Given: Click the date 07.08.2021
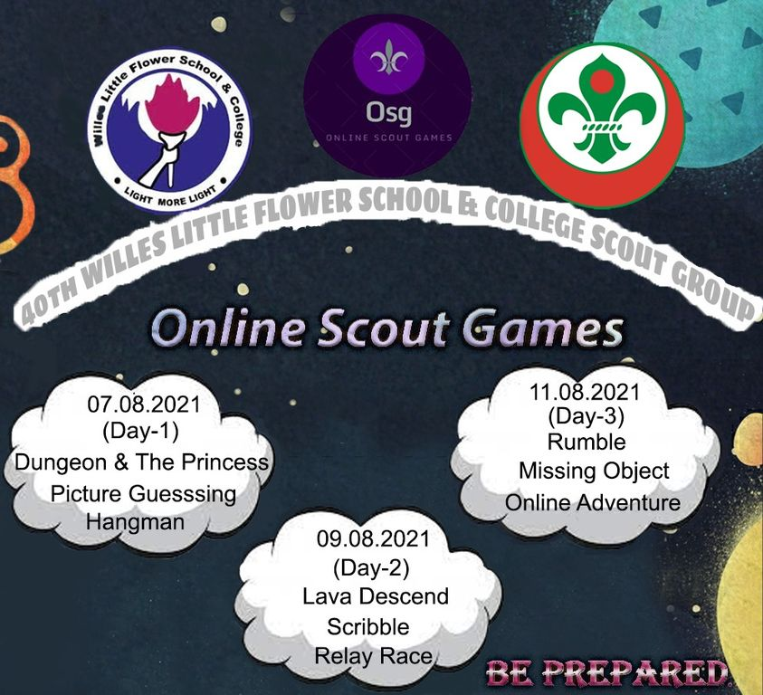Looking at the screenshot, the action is [x=144, y=405].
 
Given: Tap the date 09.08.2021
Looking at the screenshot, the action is [x=373, y=539].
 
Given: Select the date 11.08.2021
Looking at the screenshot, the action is [x=585, y=392].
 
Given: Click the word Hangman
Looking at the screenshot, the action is [x=135, y=522].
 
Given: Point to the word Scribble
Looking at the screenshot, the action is [x=367, y=626].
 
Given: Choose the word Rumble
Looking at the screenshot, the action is [x=587, y=442].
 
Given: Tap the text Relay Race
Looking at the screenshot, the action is [x=373, y=656].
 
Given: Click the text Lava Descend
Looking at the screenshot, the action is [x=376, y=596].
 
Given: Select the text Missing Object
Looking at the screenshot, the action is [x=594, y=471].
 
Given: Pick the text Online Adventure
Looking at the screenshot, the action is [x=593, y=502].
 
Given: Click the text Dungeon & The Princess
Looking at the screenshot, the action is [x=141, y=462].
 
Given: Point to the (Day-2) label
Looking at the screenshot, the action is [x=371, y=568].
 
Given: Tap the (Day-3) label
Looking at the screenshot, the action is [x=586, y=416].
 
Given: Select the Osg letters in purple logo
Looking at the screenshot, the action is [x=389, y=113].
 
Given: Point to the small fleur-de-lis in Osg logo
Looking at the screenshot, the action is [x=388, y=57].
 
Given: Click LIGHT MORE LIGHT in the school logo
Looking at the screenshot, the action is [x=170, y=195].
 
